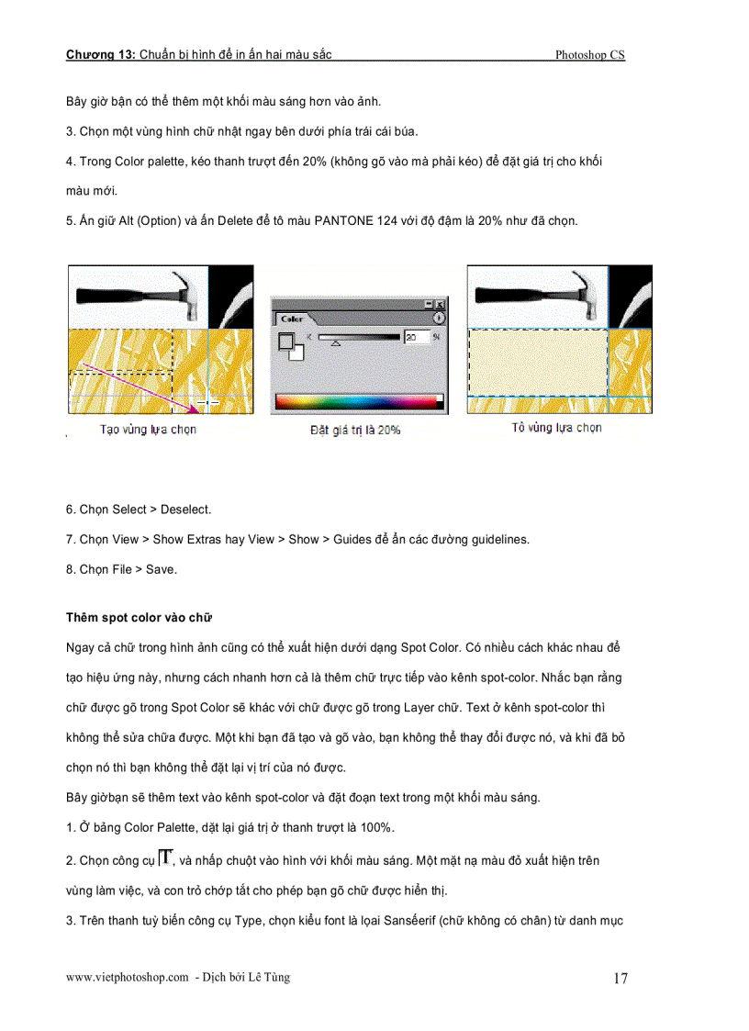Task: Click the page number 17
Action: click(620, 979)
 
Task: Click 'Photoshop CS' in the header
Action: click(589, 55)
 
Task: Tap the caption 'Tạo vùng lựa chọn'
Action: click(148, 429)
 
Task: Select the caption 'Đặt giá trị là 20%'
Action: click(355, 429)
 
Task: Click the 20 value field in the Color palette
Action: click(416, 338)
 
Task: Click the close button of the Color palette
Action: click(440, 304)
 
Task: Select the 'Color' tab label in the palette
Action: click(292, 319)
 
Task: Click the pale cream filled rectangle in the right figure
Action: click(538, 361)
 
